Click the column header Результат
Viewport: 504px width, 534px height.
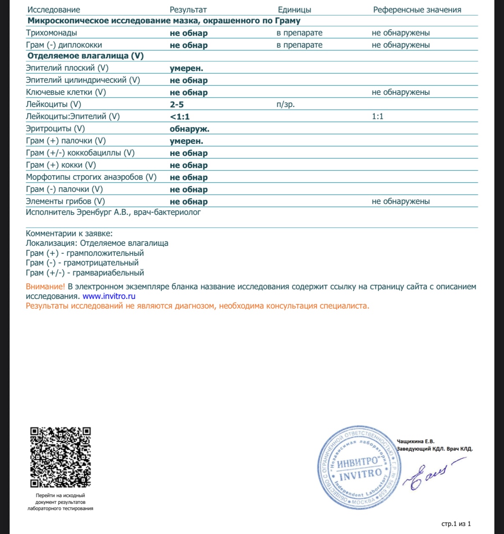point(188,10)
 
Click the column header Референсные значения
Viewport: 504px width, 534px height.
point(417,10)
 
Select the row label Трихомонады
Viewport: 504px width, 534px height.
point(51,33)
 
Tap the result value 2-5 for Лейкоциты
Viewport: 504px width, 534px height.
point(177,105)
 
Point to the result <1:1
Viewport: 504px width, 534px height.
point(180,117)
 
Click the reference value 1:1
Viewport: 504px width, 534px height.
point(377,116)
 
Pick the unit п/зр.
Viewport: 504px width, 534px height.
point(285,105)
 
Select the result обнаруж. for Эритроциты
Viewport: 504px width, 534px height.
point(189,129)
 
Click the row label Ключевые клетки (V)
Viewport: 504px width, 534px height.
point(66,92)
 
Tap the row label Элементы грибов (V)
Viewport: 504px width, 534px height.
point(65,201)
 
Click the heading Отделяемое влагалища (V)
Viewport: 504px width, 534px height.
point(85,56)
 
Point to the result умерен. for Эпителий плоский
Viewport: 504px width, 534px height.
point(186,68)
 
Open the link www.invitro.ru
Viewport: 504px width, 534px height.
point(109,296)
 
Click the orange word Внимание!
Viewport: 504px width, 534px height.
point(45,286)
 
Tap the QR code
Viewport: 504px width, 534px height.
point(60,457)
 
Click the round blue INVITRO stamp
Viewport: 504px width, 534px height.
point(359,468)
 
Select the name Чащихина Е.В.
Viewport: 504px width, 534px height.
point(415,441)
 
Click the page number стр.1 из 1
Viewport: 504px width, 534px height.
point(456,524)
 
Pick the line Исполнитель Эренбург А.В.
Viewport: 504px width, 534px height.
point(113,212)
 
